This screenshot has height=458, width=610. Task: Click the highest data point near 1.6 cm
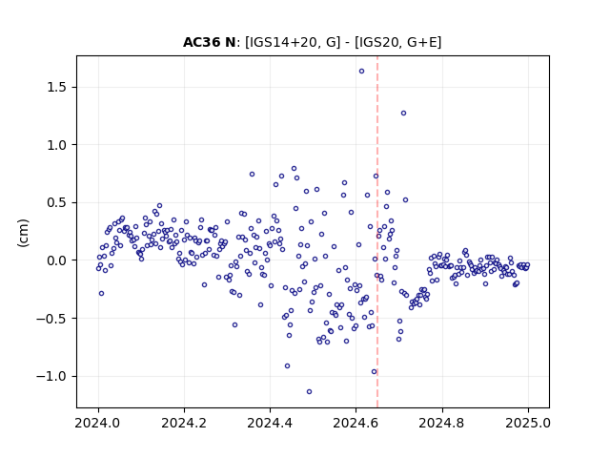tap(361, 72)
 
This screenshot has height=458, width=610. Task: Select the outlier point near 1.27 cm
tap(403, 113)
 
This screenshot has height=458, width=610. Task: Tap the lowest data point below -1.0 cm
tap(309, 391)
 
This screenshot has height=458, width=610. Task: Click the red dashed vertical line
tap(377, 232)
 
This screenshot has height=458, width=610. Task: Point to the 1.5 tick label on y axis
tap(57, 87)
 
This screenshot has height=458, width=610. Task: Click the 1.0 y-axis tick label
tap(57, 145)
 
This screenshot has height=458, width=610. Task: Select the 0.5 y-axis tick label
tap(57, 202)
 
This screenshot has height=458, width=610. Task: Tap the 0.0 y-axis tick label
tap(57, 260)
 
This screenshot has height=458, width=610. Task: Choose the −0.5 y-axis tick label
tap(51, 318)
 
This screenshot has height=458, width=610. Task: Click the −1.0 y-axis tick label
tap(51, 376)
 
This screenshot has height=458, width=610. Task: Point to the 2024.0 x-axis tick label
tap(98, 423)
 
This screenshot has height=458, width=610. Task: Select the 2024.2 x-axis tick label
tap(184, 423)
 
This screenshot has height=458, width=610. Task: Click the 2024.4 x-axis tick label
tap(270, 423)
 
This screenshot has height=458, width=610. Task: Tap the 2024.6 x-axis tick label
tap(356, 423)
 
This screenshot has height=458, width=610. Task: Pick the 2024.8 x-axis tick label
tap(442, 423)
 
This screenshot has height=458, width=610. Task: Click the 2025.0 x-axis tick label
tap(528, 423)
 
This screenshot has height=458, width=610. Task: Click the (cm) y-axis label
tap(23, 233)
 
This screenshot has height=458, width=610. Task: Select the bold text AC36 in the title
tap(202, 42)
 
